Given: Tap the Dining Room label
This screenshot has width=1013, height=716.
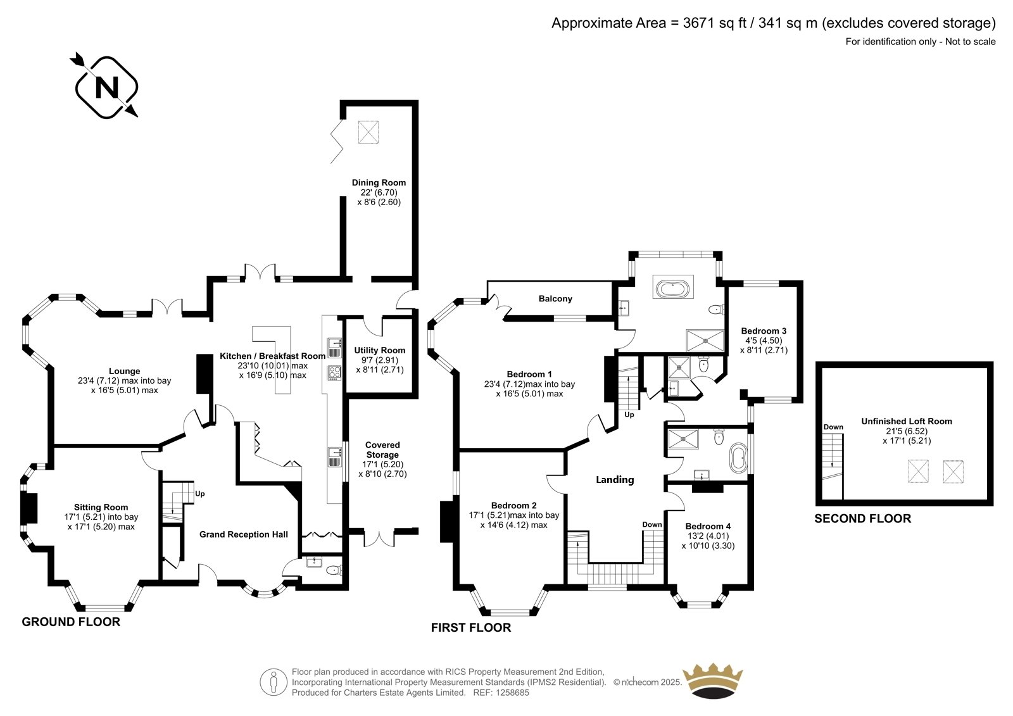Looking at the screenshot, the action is (379, 183).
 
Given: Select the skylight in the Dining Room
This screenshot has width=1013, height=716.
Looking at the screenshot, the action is (368, 132).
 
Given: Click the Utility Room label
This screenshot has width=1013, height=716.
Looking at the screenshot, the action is (379, 350).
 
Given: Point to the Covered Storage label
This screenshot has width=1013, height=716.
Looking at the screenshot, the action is (382, 449).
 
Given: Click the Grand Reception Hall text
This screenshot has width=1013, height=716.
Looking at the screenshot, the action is (243, 534).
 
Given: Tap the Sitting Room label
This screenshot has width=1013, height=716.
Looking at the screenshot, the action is (101, 507).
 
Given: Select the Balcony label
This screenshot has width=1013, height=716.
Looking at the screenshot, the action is (555, 299).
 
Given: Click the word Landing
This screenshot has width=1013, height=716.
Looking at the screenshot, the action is (615, 479).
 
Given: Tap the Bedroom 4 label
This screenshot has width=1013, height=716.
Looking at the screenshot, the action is (708, 526).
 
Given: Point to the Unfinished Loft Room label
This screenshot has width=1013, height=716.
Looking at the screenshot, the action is (906, 421).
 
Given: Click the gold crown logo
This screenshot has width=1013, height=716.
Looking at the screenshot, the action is (713, 682).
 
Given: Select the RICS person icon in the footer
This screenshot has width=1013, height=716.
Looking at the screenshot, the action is (273, 682).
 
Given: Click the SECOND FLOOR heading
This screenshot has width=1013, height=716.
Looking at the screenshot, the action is (862, 518).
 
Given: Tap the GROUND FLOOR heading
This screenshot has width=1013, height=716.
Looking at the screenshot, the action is (71, 622).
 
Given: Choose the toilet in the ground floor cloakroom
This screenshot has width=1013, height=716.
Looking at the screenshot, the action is (334, 570).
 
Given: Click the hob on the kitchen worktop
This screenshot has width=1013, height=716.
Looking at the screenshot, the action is (334, 373).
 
